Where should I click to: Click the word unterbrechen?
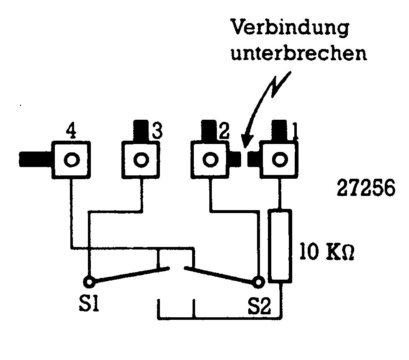coord(299,54)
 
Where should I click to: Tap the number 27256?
coord(366,189)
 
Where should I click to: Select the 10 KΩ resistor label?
coord(327,253)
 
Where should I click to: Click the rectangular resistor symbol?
coord(279,246)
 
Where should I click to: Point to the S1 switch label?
coord(89,302)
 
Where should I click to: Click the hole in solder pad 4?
coord(72,159)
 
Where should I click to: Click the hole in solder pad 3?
coord(141,159)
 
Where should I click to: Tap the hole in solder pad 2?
coord(211,159)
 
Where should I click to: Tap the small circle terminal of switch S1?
coord(89,281)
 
